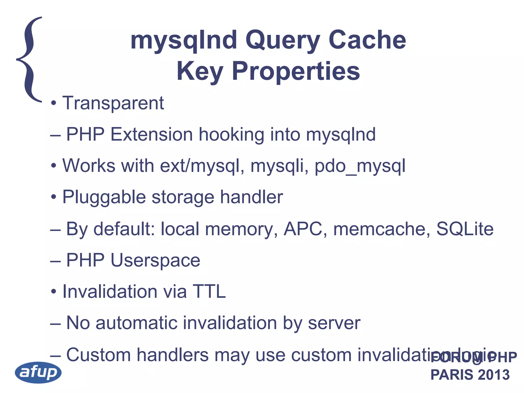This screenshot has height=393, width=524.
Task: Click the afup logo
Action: pos(38,372)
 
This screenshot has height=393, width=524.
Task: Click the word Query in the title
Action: pos(283,41)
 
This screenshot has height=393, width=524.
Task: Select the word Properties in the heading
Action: pos(296,72)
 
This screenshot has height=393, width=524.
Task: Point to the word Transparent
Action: pos(113,103)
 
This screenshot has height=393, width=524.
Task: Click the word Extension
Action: pos(151,134)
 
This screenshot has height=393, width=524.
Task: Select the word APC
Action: pos(303,228)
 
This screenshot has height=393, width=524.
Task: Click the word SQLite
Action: pos(465,228)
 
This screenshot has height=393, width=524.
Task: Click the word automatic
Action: pos(136,323)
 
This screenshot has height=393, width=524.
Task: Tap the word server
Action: pos(334,323)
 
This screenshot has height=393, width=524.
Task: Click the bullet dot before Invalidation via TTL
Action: pos(53,292)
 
